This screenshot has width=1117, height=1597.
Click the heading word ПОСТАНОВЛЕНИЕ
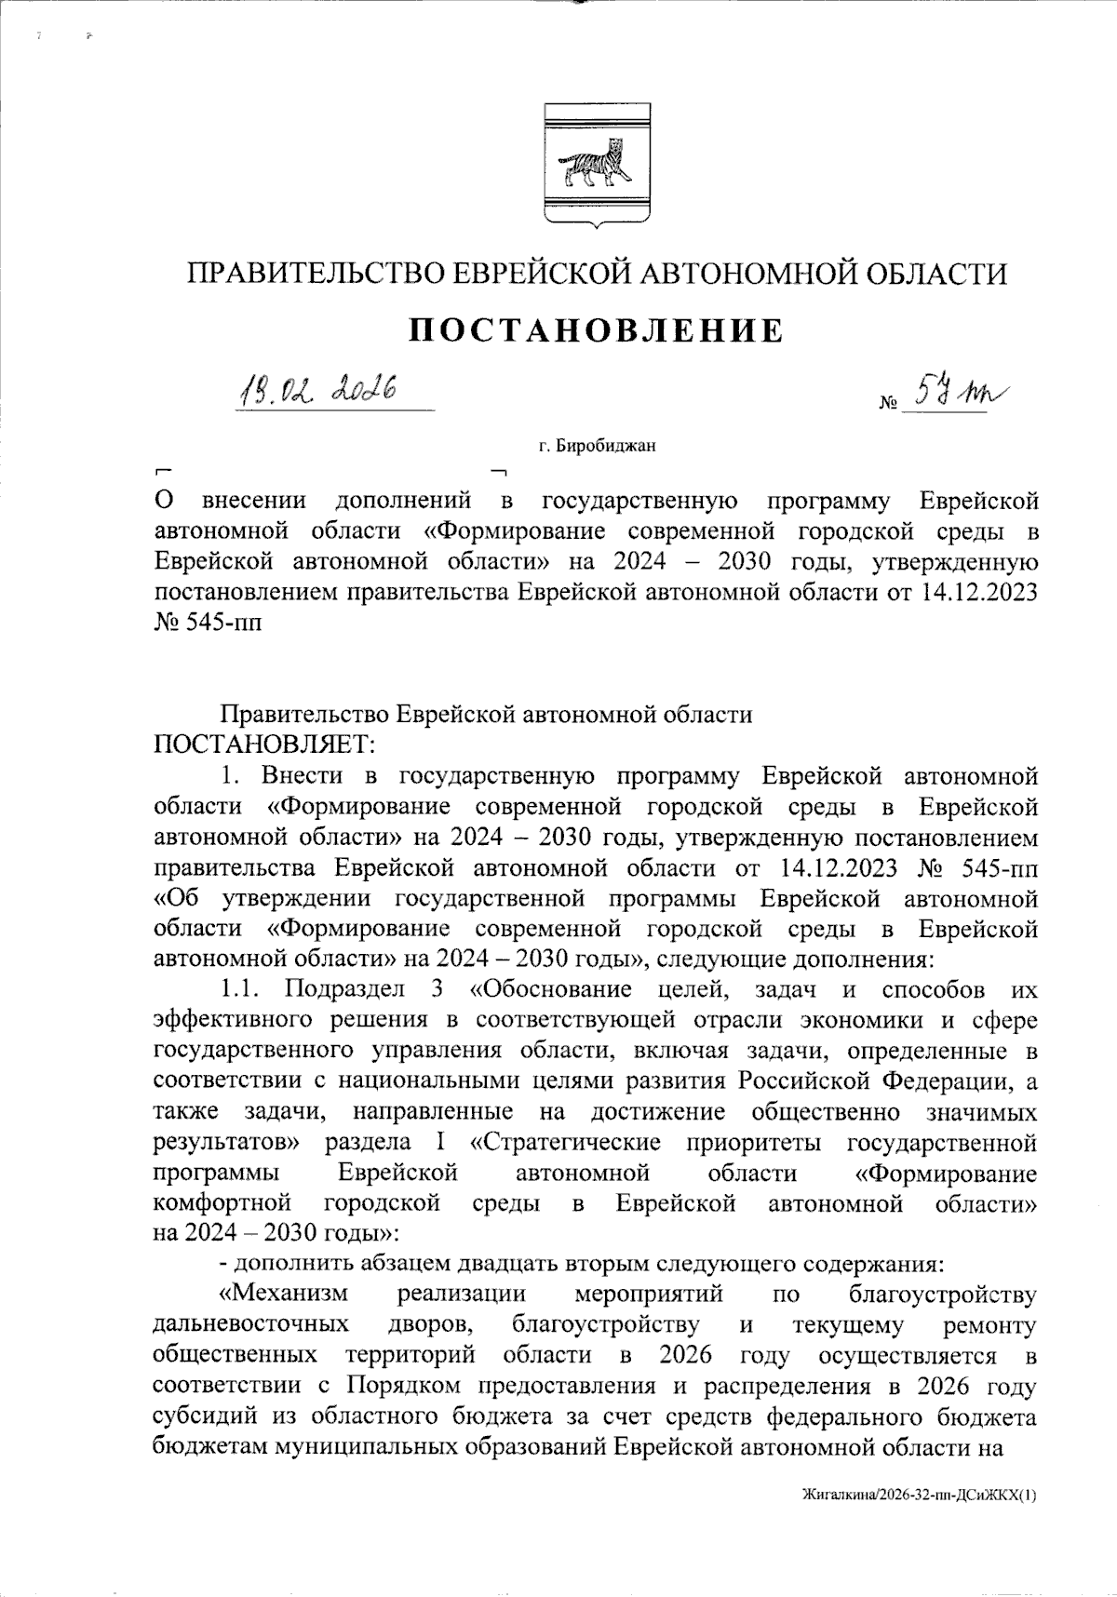coord(597,331)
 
